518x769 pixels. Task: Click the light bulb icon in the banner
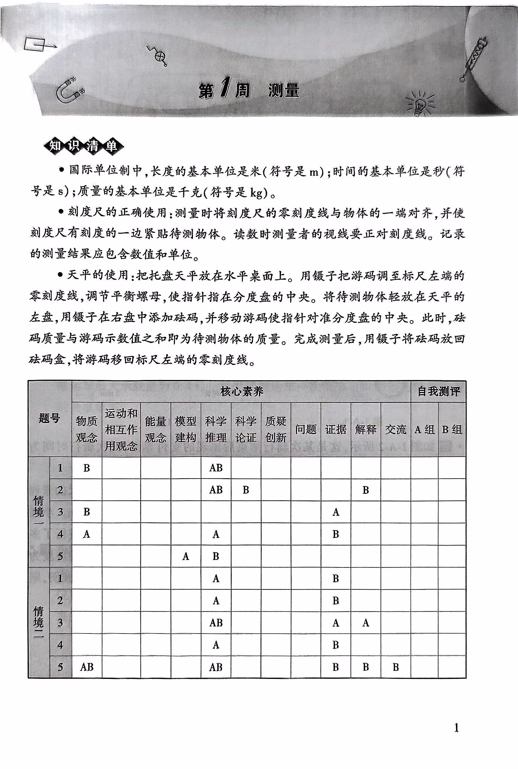tap(419, 103)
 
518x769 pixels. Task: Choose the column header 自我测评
tap(438, 392)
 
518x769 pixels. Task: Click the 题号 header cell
tap(50, 419)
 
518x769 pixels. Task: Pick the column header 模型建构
tap(186, 430)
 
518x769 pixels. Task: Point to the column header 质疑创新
tap(276, 430)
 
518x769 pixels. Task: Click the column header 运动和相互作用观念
tap(121, 430)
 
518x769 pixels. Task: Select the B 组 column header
tap(452, 430)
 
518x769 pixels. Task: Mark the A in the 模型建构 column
tap(186, 556)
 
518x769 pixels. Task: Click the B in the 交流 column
tap(396, 667)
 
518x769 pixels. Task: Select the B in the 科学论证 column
tap(245, 490)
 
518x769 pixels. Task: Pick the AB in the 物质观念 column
tap(86, 667)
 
